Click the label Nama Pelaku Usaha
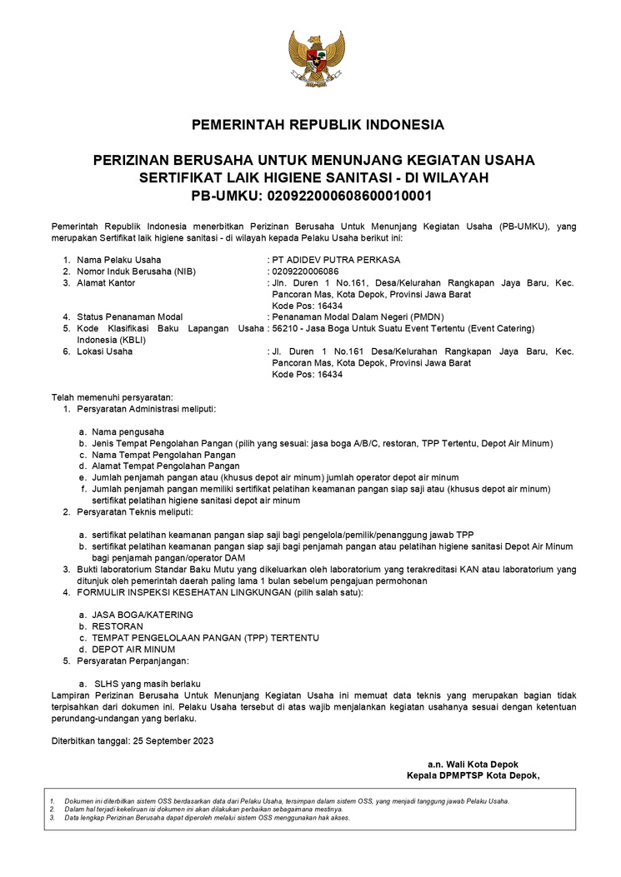[x=119, y=260]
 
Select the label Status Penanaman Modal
[x=129, y=317]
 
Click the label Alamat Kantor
[x=106, y=283]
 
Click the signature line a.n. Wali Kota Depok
[x=484, y=764]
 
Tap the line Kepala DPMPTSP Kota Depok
[x=473, y=775]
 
